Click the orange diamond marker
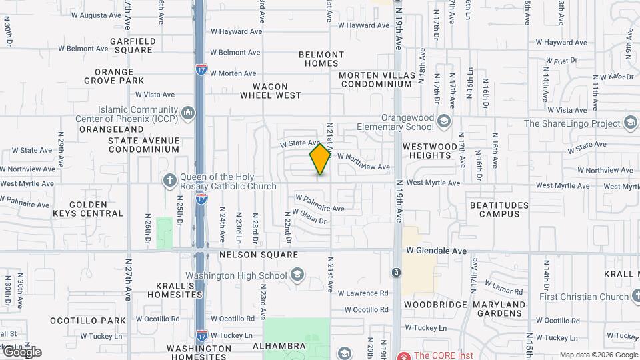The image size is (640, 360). pyautogui.click(x=321, y=159)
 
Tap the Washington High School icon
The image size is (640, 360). pyautogui.click(x=297, y=275)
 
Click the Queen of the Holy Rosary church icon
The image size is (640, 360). pyautogui.click(x=170, y=181)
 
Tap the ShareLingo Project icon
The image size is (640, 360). pyautogui.click(x=630, y=123)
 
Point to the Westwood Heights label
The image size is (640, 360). pyautogui.click(x=431, y=151)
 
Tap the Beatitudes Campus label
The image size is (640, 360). pyautogui.click(x=499, y=209)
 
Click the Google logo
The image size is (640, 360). pyautogui.click(x=21, y=351)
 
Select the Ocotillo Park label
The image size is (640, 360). pyautogui.click(x=87, y=321)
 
